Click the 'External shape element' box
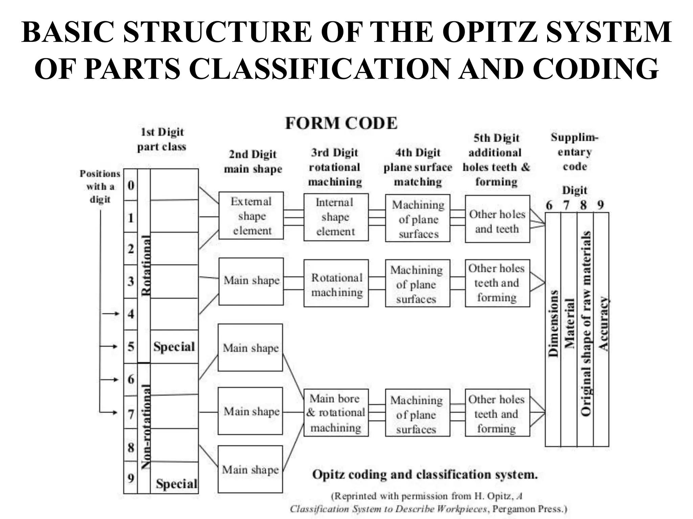tap(251, 216)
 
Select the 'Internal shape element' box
tap(336, 217)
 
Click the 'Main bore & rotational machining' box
tap(336, 413)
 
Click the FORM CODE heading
tap(341, 123)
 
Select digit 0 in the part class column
tap(131, 185)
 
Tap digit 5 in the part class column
tap(131, 347)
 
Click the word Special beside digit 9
tap(176, 484)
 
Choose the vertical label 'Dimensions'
tap(553, 323)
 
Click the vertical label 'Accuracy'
tap(603, 323)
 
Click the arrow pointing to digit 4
tap(111, 314)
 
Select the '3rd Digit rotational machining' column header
tap(335, 167)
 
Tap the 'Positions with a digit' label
tap(100, 186)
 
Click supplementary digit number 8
tap(583, 205)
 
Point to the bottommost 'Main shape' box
tap(250, 469)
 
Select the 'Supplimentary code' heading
tap(575, 152)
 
